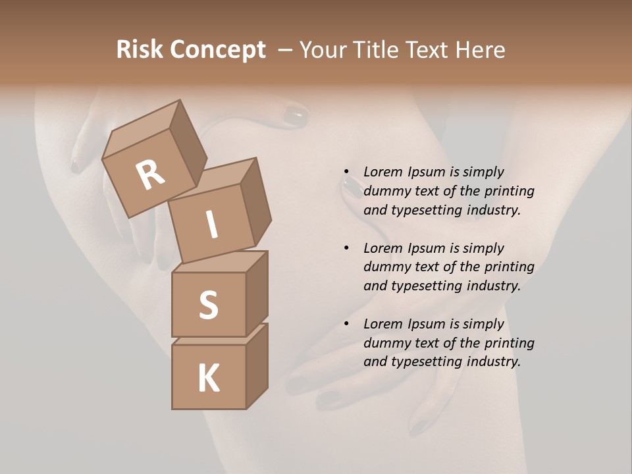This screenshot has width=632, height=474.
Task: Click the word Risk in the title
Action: (140, 50)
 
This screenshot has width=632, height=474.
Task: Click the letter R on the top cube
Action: (150, 174)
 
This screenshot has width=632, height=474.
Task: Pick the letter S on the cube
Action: (208, 305)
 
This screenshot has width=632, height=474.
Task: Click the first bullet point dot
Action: (346, 172)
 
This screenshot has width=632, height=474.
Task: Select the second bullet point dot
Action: (346, 248)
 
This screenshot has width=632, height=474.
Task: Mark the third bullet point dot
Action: (346, 324)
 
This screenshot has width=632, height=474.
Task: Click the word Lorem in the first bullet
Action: (382, 172)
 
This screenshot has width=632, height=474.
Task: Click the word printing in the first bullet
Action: (509, 191)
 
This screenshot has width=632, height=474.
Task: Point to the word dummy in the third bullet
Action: (385, 343)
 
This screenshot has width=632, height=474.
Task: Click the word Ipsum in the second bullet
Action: (427, 248)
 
